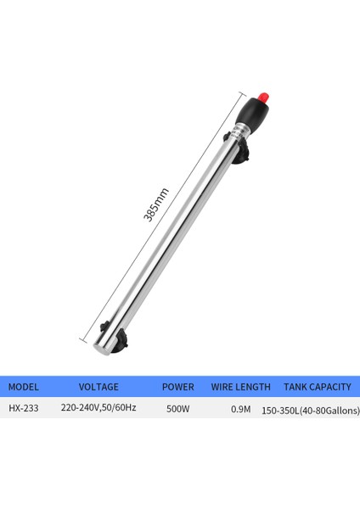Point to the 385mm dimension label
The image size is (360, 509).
pos(156,205)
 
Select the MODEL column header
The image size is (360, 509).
pos(24,387)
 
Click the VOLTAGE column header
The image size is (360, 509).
pos(98,387)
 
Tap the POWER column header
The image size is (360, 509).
pos(177,387)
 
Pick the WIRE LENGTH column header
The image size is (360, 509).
pos(241,387)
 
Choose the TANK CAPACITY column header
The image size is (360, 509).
pos(317,387)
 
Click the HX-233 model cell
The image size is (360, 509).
pos(24,408)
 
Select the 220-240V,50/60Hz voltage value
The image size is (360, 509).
pos(98,408)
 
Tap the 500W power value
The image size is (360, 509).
pos(177,408)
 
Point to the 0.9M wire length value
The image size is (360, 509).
pos(241,409)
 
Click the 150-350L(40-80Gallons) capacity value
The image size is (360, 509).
pos(311,411)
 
